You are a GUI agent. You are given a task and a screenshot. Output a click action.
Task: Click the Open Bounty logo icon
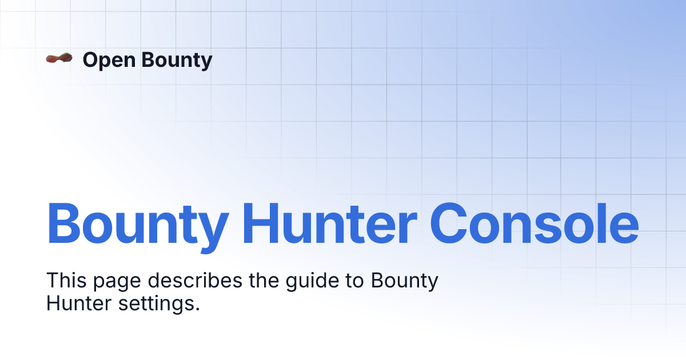click(x=59, y=58)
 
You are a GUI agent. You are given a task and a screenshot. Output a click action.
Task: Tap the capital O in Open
click(x=91, y=59)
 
